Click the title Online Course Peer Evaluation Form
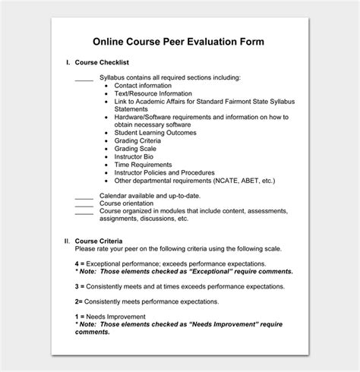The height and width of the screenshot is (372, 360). tap(179, 41)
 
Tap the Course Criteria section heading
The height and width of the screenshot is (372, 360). tap(96, 241)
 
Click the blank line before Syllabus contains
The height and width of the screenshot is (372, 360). tap(84, 79)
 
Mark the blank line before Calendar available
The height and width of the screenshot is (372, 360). tap(84, 196)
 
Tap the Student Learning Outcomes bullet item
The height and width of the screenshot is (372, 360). tap(155, 133)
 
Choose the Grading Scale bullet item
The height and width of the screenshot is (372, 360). tap(136, 149)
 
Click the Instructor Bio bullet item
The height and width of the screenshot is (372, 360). tap(135, 156)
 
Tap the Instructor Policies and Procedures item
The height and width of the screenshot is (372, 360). tap(164, 172)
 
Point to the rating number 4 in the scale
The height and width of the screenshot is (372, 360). tap(77, 263)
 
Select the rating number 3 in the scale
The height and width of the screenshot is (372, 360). tap(77, 286)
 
